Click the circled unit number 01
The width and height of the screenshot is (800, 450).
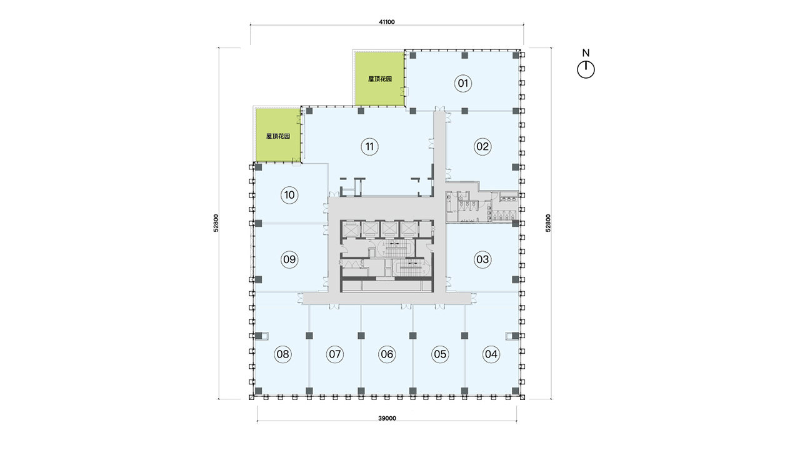[x=463, y=84]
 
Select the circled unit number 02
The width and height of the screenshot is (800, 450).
[x=482, y=146]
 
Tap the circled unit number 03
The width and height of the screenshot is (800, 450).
[x=482, y=259]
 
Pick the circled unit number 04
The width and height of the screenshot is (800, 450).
[x=491, y=354]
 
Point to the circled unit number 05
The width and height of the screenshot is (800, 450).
[x=439, y=354]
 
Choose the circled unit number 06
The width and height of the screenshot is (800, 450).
[x=387, y=354]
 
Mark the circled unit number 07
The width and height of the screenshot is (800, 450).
[x=334, y=354]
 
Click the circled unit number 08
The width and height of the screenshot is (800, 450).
[x=282, y=354]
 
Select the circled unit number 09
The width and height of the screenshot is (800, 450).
[x=289, y=259]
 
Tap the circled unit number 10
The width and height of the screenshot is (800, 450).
[x=289, y=195]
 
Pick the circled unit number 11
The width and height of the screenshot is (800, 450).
[x=369, y=146]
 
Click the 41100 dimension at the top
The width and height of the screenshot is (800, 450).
[x=387, y=22]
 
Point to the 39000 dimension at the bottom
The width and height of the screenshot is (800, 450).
[x=387, y=418]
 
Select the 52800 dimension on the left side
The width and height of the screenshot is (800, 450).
[x=216, y=223]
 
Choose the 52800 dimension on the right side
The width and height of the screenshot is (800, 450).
[x=548, y=223]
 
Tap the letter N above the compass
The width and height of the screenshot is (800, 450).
[x=586, y=53]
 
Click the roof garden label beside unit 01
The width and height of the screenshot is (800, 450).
[x=380, y=79]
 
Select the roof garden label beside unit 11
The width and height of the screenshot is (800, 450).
[x=278, y=136]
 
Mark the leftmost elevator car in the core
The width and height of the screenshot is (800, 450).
[x=349, y=229]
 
